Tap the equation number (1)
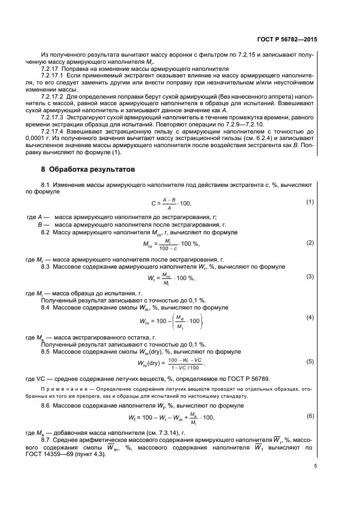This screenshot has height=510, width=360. point(310,202)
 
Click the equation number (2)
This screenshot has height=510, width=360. point(310,242)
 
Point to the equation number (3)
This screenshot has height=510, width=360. point(310,276)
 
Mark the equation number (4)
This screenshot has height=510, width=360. point(310,317)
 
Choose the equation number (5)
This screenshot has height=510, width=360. point(310,361)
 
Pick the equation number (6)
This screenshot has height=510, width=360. point(310,416)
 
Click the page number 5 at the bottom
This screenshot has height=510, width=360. point(315,465)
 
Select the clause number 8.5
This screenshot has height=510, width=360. point(46,351)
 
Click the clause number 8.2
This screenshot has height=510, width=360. point(46,232)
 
